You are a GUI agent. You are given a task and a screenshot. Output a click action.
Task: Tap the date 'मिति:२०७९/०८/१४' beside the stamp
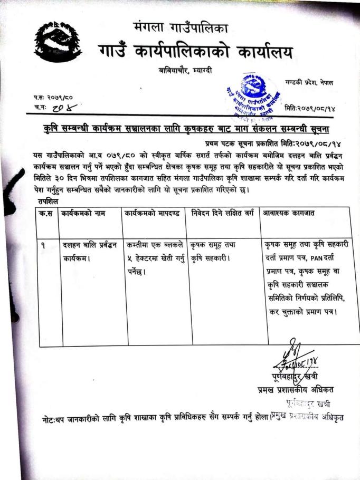tap(310, 108)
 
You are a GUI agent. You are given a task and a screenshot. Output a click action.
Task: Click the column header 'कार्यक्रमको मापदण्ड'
tap(153, 214)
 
